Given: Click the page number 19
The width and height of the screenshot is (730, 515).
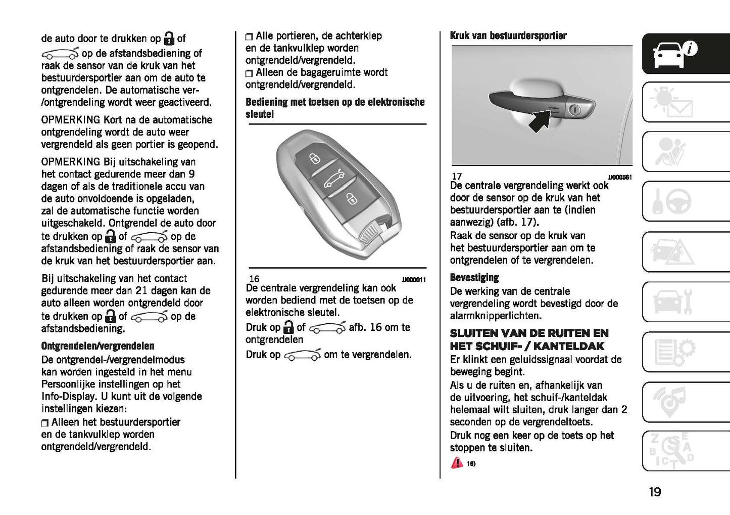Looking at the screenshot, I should coord(655,491).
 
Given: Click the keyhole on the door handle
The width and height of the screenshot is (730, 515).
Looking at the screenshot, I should coord(574,110).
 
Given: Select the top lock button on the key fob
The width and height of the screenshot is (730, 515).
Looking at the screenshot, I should coord(314,159).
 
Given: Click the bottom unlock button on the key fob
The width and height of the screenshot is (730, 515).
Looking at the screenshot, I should coord(349,198).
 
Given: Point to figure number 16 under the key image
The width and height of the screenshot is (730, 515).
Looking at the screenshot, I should coord(254,279).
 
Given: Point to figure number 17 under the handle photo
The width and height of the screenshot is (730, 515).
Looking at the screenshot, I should coord(457,177).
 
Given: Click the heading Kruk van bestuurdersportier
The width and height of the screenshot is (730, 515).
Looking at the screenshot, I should coord(508,35).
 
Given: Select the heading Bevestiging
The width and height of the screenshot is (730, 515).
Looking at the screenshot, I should coord(474,277).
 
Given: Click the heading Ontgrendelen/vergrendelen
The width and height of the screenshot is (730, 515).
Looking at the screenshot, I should coord(98,346).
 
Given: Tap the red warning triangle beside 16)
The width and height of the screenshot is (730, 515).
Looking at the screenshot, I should coord(456,462).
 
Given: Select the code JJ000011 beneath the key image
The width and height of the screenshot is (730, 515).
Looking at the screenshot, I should coord(414,280).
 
